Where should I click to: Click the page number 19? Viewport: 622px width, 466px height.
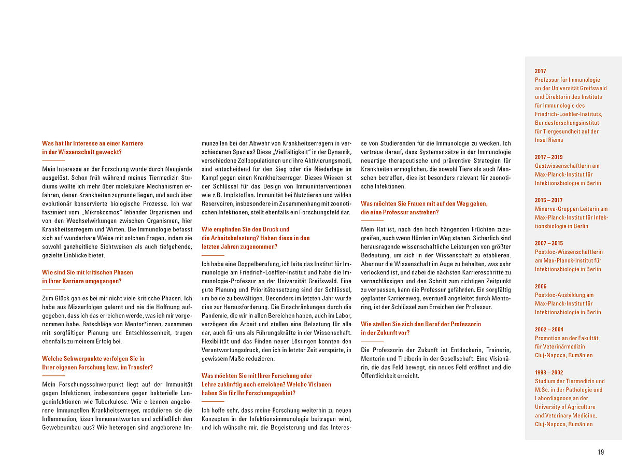coord(601,452)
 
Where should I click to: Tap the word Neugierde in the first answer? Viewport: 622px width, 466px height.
coord(175,169)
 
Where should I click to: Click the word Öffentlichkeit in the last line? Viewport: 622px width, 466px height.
coord(380,376)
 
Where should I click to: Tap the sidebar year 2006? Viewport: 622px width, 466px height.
coord(541,286)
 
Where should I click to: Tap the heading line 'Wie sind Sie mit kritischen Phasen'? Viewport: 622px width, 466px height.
coord(88,272)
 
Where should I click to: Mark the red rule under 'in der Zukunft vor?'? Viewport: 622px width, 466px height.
coord(372,342)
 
